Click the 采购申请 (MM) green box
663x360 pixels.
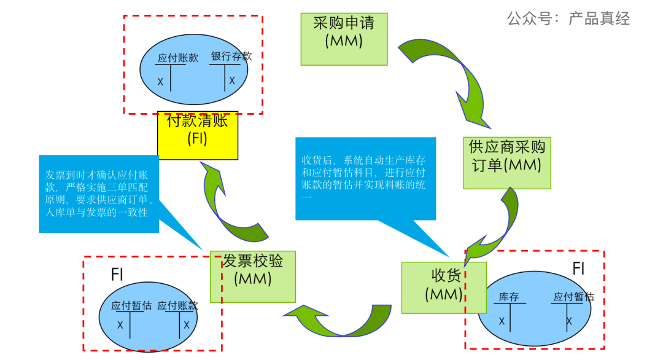coord(344,38)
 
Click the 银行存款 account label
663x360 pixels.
coord(231,56)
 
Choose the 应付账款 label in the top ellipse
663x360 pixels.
coord(178,58)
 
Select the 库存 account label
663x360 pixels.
coord(509,297)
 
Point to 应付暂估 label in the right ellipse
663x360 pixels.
coord(573,297)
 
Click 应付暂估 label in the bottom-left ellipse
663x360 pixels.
coord(131,305)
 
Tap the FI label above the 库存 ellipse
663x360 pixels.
coord(578,269)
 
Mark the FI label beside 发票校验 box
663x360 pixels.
coord(117,275)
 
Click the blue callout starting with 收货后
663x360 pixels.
coord(365,178)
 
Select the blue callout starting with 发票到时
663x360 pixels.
coord(99,194)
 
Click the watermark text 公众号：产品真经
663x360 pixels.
coord(568,18)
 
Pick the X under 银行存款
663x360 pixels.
coord(232,80)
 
